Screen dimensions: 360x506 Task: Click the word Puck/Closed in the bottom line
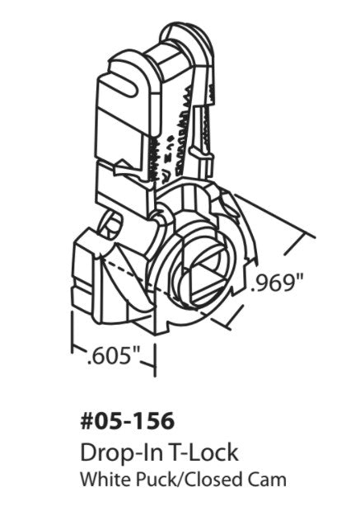pyautogui.click(x=177, y=477)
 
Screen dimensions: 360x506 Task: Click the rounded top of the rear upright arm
pyautogui.click(x=177, y=33)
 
